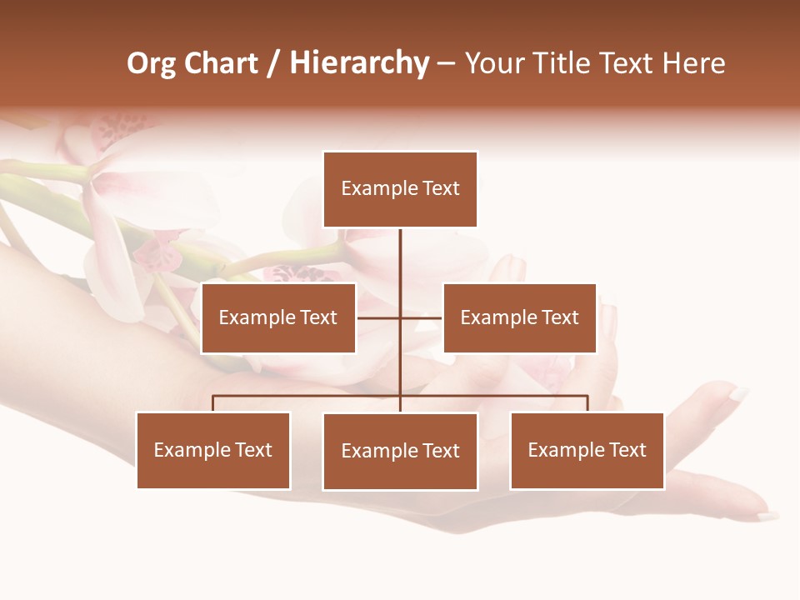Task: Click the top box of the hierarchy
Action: coord(400,189)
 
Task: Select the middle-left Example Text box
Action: coord(278,317)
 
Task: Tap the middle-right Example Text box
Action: coord(519,317)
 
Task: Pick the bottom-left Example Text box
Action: coord(213,450)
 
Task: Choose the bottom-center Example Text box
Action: coord(400,451)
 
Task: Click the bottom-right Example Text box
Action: coord(587,450)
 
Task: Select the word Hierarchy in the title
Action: coord(359,63)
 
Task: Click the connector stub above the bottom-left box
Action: coord(213,403)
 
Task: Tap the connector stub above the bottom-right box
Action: coord(587,403)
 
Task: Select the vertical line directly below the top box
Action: coord(400,258)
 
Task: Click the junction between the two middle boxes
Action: coord(400,317)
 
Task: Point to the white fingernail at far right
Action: coord(738,392)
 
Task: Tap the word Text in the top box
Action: coord(441,189)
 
